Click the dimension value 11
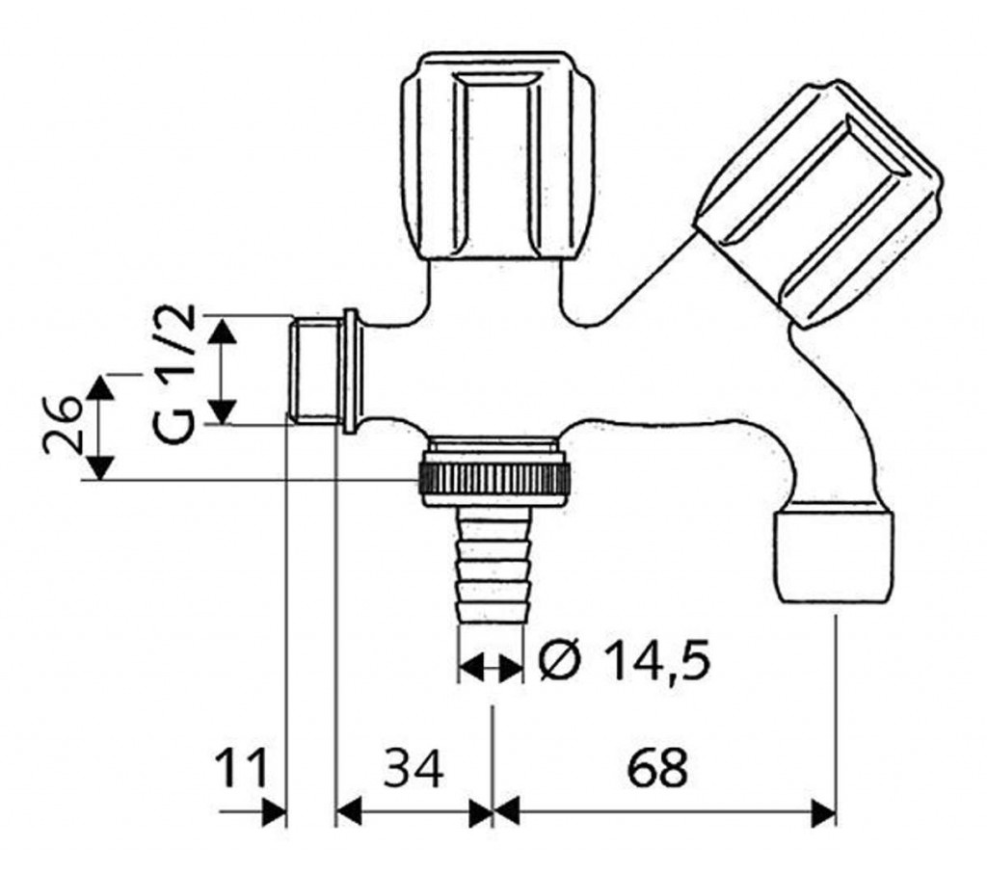pos(242,768)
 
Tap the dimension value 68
pos(657,768)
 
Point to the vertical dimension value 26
pos(63,426)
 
